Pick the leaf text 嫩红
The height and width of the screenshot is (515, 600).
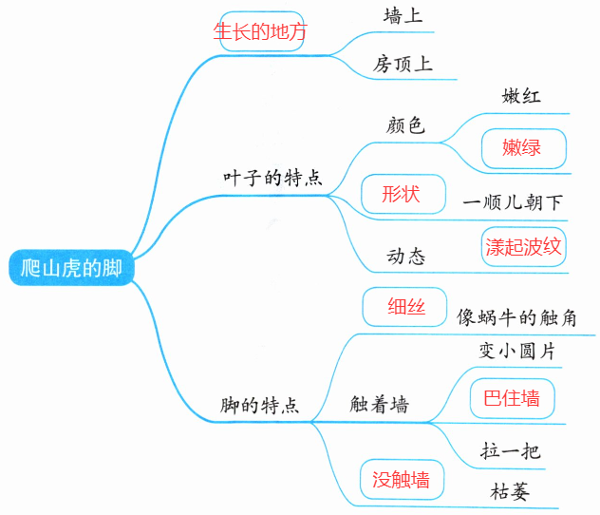point(520,96)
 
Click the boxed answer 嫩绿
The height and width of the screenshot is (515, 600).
point(522,147)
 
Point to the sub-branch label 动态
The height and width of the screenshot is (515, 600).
point(405,257)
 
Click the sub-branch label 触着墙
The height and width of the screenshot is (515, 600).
point(380,405)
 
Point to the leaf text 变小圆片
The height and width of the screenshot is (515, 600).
point(516,351)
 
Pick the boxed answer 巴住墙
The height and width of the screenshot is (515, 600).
point(512,398)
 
